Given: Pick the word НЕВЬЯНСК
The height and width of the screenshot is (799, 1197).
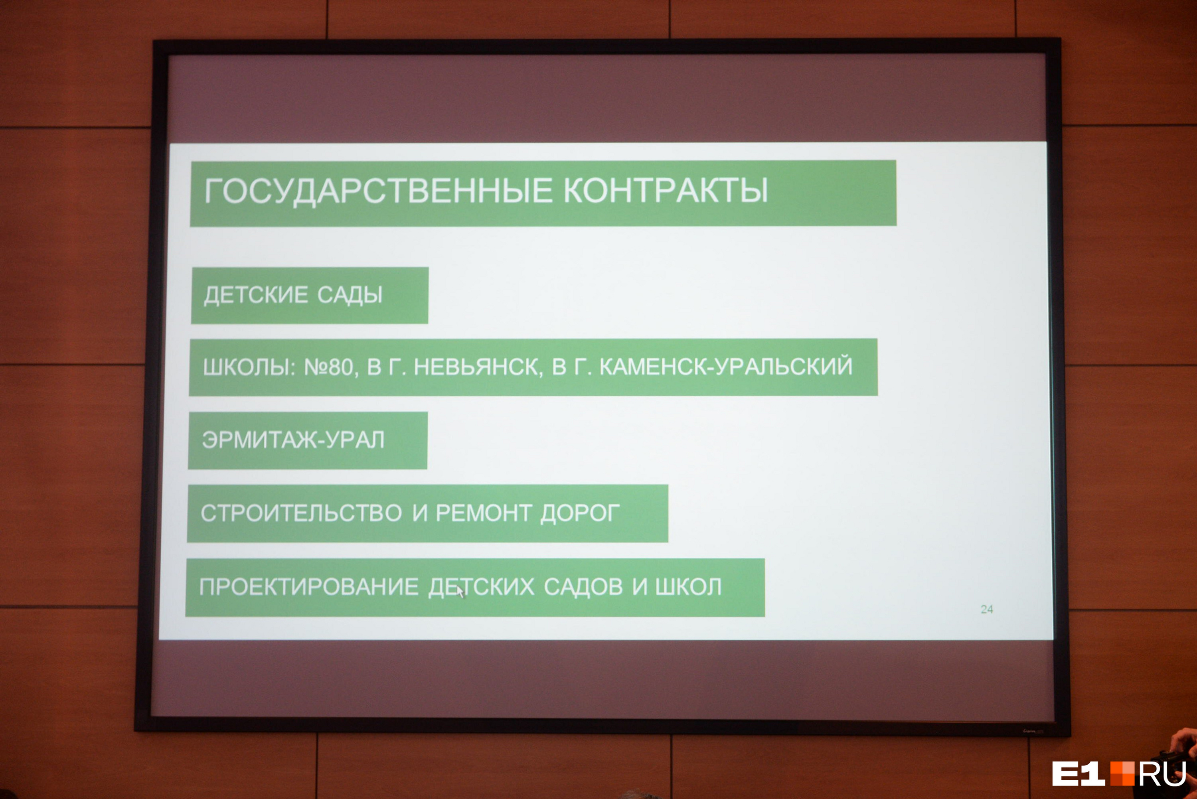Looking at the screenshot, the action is point(478,367).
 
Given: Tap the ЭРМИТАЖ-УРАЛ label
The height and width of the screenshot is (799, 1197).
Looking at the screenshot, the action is point(293,440).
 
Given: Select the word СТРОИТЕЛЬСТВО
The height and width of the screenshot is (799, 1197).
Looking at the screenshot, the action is point(302,513).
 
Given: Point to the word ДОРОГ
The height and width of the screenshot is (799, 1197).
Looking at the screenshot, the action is point(580,513).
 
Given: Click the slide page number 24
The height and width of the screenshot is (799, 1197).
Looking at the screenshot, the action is point(987,609).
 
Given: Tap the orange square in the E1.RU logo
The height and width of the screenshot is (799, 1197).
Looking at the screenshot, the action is point(1123,773).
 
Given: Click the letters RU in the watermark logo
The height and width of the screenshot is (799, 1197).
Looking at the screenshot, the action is point(1162,773).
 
